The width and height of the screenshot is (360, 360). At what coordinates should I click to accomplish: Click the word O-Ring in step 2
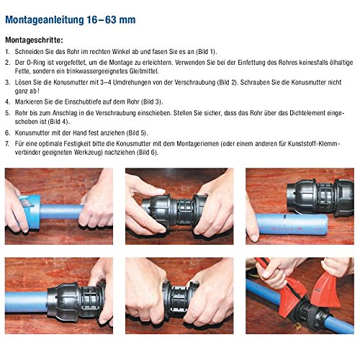click(37, 63)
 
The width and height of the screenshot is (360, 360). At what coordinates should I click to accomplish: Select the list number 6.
click(6, 133)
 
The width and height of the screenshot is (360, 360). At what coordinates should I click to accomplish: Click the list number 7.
click(6, 144)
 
